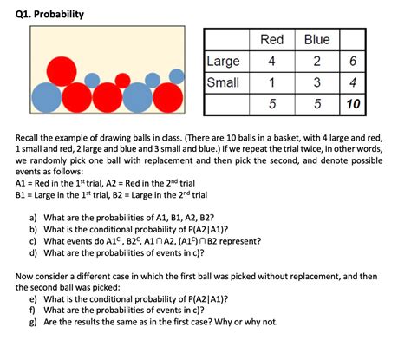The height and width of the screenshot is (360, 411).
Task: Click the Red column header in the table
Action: (x=272, y=40)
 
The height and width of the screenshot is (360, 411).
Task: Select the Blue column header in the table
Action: (x=316, y=40)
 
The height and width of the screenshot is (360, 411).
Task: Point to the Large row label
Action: (x=223, y=62)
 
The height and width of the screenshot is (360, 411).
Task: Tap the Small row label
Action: (x=222, y=83)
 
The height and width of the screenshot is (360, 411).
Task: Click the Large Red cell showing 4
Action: (x=272, y=62)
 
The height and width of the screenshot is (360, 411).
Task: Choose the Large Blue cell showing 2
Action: (x=316, y=62)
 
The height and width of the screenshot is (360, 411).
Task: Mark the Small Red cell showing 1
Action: (x=272, y=83)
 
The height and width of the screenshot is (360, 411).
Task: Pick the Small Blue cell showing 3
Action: (x=316, y=83)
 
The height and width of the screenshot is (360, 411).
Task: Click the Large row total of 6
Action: (x=352, y=62)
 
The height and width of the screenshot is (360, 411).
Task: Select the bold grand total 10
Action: (x=352, y=106)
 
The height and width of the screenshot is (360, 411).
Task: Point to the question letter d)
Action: (x=33, y=252)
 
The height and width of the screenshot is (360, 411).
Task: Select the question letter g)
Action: (x=33, y=322)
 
